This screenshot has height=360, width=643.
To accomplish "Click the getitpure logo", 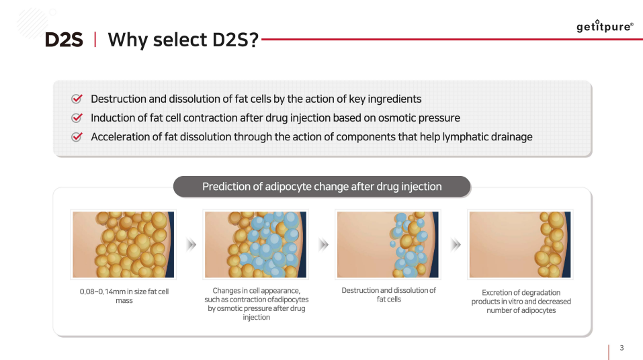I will point(604,27).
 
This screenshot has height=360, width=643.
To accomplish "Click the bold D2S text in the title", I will point(64,40).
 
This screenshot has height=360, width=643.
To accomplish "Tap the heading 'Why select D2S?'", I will point(183,40).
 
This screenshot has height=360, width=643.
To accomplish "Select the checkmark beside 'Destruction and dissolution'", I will point(77,99).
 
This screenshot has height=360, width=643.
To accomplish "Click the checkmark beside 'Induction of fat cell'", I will point(77,118).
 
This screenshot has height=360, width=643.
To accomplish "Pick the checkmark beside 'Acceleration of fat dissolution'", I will point(77,137).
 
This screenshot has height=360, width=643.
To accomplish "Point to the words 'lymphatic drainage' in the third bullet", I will point(486,137).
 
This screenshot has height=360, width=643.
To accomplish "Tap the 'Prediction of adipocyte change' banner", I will point(322,186).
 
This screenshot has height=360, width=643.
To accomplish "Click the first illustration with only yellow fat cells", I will point(124,244).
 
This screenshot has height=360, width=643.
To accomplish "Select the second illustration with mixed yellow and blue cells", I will point(255,244).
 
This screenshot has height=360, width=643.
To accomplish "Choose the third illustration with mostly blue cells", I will point(388,244).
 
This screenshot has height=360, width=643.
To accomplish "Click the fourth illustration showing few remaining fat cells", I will point(520,244).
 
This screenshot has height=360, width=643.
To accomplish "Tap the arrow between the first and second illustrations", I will point(191,245).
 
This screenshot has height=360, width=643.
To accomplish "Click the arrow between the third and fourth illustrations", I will point(456,245).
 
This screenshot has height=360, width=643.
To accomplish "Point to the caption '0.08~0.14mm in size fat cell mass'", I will point(124,296).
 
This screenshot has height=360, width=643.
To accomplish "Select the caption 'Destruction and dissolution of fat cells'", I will point(388,295).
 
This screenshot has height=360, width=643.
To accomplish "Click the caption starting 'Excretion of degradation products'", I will point(521,302).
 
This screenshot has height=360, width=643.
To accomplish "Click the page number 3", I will point(621,348).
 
